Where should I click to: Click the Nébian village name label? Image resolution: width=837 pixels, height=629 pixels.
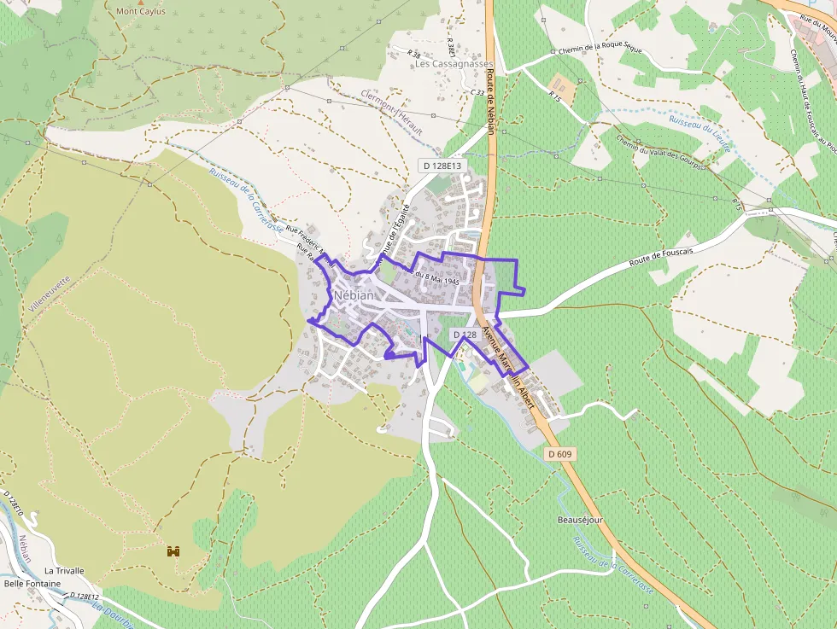354,294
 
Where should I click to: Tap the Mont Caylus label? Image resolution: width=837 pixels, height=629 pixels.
141,12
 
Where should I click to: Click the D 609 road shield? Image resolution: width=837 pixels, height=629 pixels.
559,454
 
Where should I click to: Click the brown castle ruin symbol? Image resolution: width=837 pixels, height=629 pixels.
174,551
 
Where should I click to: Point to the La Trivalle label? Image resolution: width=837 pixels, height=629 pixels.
64,570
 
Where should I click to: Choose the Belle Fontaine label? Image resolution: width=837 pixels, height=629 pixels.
32,584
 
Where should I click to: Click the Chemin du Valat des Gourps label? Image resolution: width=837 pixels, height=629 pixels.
660,154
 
